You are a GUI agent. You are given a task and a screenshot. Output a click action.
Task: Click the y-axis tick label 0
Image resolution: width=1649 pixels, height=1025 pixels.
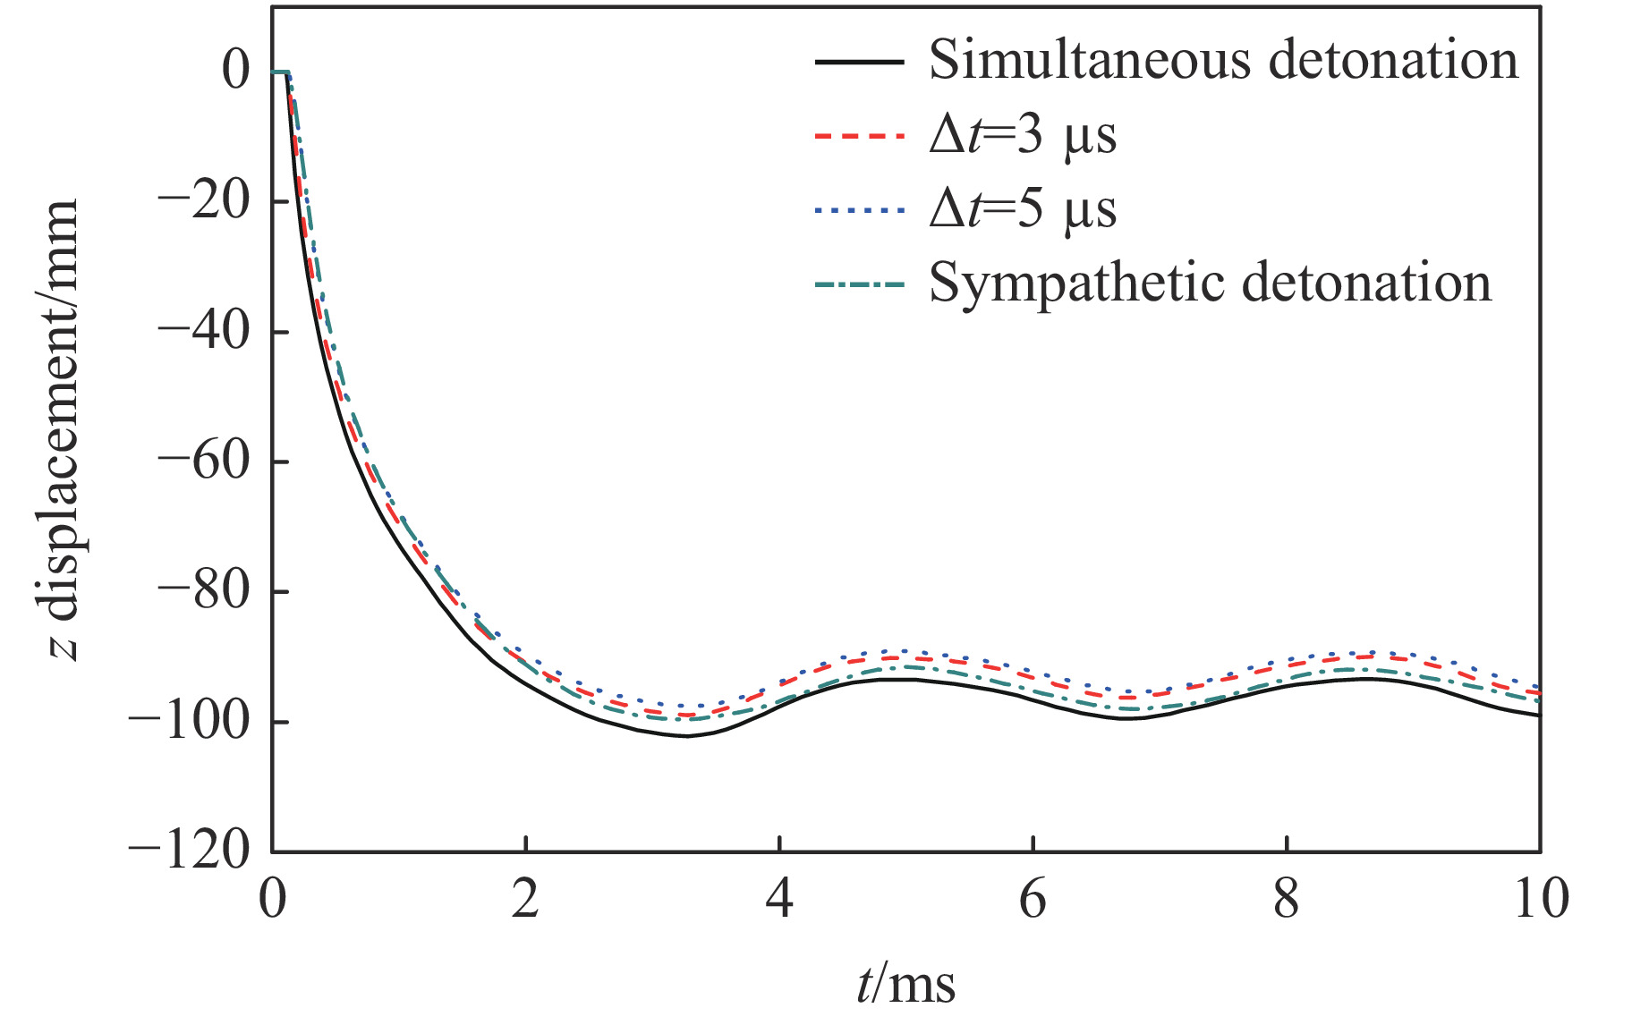236,71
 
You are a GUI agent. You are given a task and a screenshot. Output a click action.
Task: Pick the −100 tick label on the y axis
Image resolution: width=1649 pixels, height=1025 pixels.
189,721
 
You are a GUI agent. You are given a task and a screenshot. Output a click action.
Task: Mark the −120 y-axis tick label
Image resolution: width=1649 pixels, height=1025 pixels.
189,850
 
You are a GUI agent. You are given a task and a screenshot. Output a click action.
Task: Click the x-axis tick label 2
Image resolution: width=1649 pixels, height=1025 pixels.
525,898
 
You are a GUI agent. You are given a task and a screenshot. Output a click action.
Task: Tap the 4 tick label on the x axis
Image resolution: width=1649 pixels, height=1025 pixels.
779,898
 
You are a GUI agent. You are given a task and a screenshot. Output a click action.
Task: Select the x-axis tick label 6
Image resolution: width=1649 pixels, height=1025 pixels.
1033,898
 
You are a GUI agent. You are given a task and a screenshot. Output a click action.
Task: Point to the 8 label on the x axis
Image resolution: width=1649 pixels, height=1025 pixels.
1286,898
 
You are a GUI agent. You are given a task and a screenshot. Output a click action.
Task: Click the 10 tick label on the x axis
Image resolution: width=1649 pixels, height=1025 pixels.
1540,898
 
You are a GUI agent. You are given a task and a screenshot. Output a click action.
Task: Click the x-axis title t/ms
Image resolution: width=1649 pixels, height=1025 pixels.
905,984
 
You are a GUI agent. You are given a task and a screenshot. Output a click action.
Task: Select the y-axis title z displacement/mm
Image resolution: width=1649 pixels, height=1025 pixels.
63,429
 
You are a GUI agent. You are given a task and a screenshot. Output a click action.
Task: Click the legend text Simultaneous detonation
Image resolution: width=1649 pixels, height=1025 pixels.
1223,61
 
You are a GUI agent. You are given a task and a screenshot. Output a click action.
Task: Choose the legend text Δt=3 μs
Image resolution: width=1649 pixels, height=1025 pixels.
1023,136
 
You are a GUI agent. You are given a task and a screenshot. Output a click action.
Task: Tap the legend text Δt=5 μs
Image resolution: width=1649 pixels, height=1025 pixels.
1023,209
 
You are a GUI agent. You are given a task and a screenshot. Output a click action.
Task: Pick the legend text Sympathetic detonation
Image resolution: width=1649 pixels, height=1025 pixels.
1210,284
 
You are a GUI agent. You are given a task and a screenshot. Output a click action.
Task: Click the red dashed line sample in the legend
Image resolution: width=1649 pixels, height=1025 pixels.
859,136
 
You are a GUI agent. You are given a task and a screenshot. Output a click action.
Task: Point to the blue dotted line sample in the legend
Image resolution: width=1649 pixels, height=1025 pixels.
859,210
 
